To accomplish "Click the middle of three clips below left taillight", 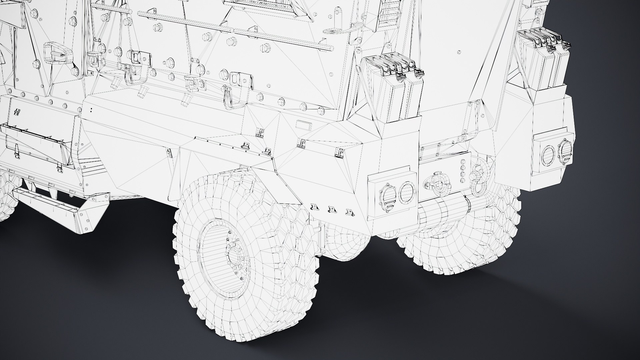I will coord(331,209).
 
